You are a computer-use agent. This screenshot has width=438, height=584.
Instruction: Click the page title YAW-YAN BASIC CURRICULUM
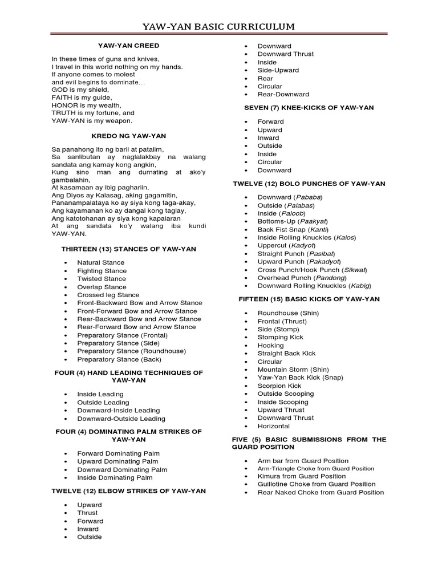click(x=218, y=26)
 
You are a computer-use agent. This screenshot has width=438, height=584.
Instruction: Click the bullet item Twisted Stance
click(x=102, y=279)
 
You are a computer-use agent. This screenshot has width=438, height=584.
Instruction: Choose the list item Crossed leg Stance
click(x=108, y=295)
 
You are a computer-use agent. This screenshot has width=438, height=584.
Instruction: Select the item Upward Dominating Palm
click(x=120, y=461)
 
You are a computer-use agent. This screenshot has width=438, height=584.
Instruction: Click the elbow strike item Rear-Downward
click(x=283, y=94)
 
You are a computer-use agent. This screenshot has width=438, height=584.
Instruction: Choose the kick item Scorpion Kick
click(x=279, y=386)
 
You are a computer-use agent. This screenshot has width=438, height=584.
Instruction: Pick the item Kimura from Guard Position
click(x=302, y=476)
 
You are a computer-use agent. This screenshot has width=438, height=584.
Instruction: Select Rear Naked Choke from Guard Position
click(x=321, y=492)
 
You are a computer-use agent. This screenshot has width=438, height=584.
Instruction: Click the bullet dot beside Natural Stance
click(x=66, y=263)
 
